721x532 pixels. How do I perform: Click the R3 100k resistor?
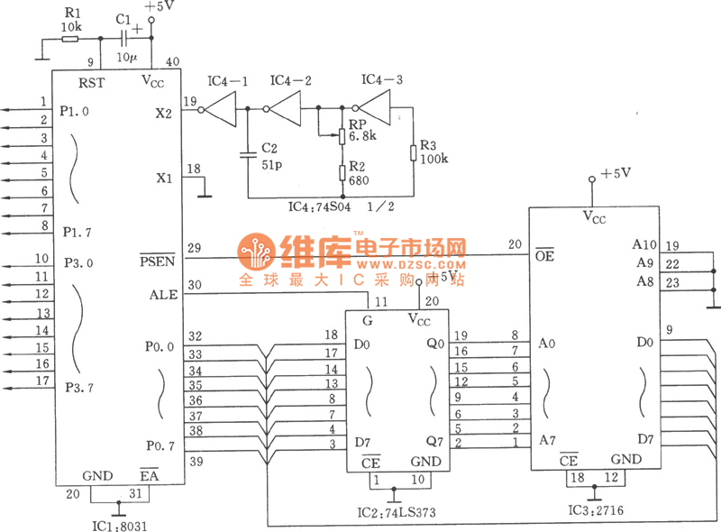pos(412,151)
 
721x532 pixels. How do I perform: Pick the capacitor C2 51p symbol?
pos(246,153)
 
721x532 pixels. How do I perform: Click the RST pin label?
pos(93,82)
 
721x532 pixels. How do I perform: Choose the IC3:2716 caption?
pos(594,510)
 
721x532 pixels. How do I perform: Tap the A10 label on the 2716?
pos(645,244)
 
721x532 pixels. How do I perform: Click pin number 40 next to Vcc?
pos(173,62)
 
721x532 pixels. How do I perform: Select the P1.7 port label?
pos(77,233)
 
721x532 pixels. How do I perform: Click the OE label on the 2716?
pos(543,256)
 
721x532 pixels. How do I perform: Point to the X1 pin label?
pos(162,178)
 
